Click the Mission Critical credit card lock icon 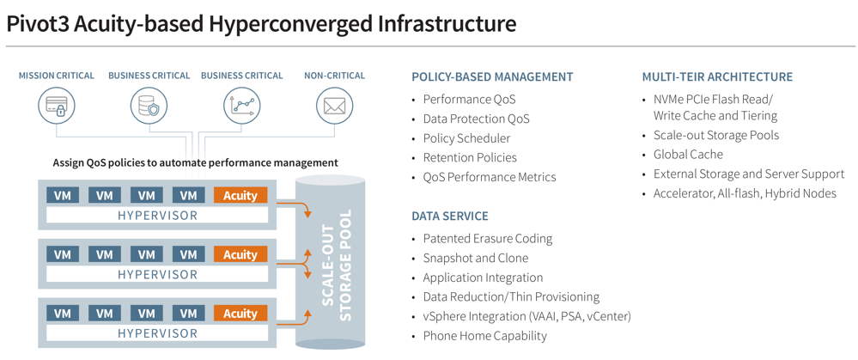point(56,107)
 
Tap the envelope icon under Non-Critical point(334,107)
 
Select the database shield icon point(149,107)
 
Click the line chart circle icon point(241,107)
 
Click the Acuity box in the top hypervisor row point(240,195)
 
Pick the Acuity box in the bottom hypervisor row point(240,314)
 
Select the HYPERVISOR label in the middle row point(157,274)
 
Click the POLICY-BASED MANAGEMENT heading point(492,76)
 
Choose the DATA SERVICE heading point(450,216)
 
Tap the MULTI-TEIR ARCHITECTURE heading point(717,76)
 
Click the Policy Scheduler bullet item point(466,138)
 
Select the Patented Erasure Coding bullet point(487,239)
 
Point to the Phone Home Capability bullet point(484,336)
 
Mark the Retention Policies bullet point(470,157)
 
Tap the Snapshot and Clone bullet point(475,258)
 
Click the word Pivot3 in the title point(38,23)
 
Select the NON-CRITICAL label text point(334,76)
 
